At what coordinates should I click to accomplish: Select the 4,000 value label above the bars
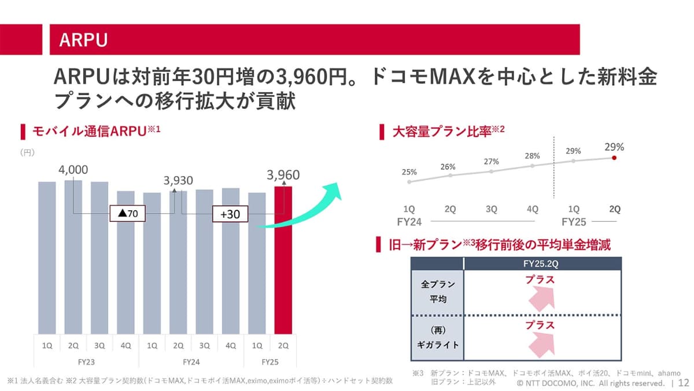click(73, 170)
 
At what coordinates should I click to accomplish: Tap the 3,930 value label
click(178, 181)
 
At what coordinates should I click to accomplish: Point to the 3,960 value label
click(283, 174)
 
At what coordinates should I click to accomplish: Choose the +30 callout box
click(230, 214)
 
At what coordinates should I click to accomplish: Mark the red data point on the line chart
click(614, 157)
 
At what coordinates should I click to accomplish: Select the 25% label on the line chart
click(409, 172)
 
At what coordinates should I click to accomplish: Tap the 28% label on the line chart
click(533, 156)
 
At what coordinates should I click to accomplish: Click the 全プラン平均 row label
click(438, 292)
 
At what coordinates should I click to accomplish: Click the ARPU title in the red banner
click(84, 39)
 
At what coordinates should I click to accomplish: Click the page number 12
click(684, 383)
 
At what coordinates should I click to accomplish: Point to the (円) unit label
click(28, 153)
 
